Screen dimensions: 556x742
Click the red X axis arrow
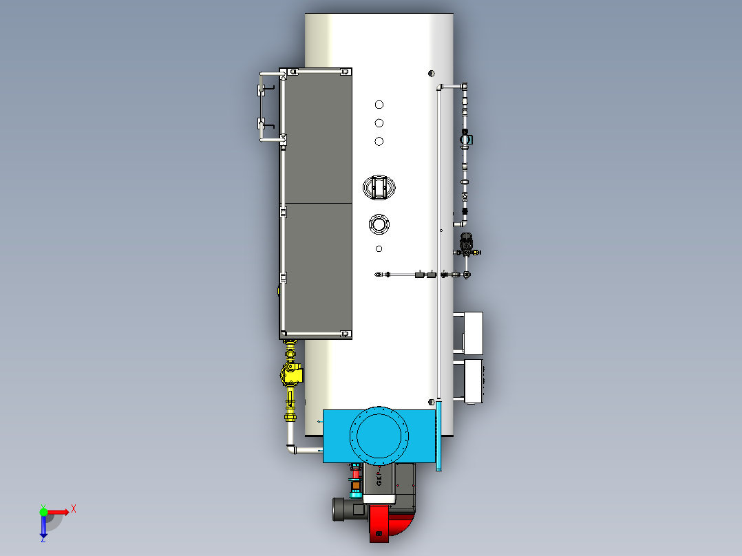tap(59, 512)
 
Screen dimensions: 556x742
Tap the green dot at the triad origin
tap(43, 512)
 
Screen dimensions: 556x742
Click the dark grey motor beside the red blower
tap(348, 510)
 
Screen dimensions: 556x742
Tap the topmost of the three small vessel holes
tap(379, 105)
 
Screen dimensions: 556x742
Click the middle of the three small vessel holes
tap(379, 123)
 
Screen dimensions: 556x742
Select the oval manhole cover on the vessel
tap(379, 186)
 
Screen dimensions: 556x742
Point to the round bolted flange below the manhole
tap(379, 224)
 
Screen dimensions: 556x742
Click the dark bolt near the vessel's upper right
tap(432, 74)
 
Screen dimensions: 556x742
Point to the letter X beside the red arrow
tap(74, 509)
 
